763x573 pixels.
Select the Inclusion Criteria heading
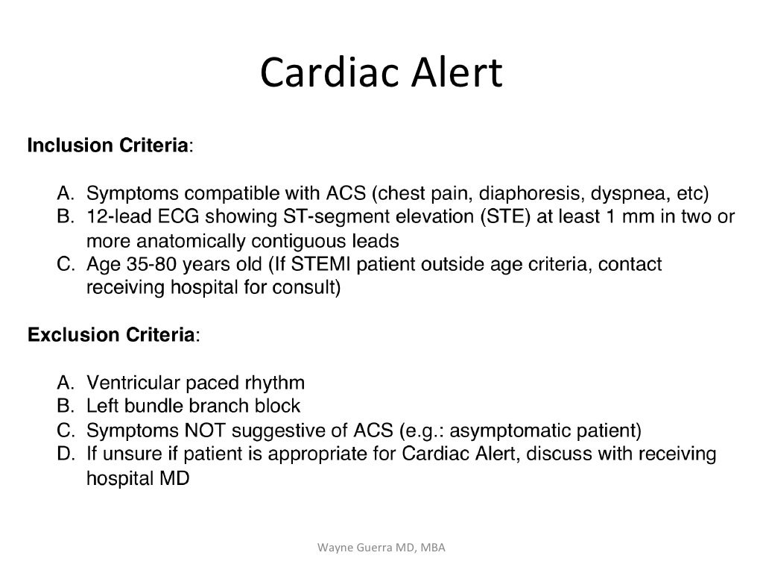tap(109, 145)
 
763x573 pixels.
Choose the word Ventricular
tap(132, 383)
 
